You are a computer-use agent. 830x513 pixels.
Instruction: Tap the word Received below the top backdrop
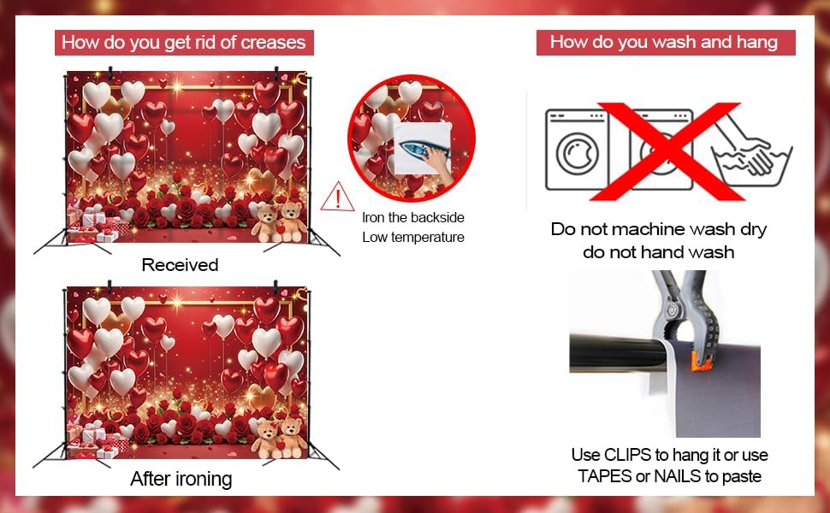coord(180,265)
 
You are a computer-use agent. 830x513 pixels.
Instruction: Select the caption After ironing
coord(181,479)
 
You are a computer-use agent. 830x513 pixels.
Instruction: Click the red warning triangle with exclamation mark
coord(337,197)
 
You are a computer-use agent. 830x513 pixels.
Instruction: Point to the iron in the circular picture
coord(418,151)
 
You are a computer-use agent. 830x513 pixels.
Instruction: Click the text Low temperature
coord(413,238)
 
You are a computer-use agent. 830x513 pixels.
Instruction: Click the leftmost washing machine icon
coord(577,150)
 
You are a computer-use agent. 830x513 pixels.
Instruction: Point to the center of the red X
coord(668,152)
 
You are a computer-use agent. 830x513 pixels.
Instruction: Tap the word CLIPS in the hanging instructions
coord(627,455)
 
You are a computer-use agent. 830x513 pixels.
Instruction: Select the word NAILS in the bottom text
coord(677,476)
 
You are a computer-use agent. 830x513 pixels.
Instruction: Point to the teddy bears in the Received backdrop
coord(278,222)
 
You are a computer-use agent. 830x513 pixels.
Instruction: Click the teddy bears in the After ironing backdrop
coord(278,438)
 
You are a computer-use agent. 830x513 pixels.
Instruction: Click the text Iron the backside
coord(413,217)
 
